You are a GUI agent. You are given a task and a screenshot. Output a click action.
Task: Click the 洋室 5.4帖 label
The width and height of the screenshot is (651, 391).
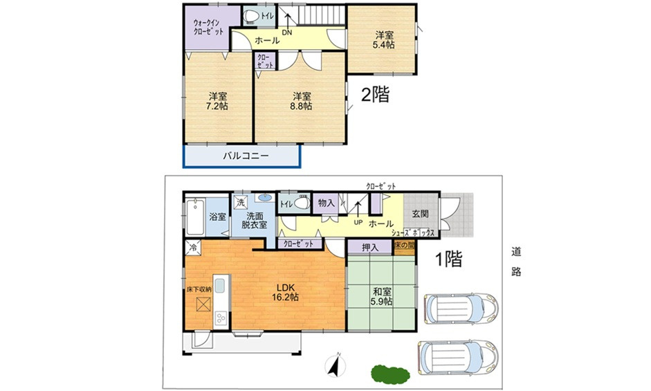[385, 39]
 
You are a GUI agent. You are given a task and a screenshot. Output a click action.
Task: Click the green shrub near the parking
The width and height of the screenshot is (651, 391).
[389, 373]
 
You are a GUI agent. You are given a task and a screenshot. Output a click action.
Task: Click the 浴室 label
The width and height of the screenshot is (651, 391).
[217, 217]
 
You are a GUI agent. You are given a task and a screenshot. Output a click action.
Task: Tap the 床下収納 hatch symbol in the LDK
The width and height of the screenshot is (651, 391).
[203, 304]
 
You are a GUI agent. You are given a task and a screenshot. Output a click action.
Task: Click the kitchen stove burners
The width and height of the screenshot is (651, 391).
[221, 318]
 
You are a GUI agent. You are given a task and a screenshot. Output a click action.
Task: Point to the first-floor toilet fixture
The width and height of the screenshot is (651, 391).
[300, 204]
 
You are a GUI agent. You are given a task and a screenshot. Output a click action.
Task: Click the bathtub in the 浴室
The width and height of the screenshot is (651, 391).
[194, 217]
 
